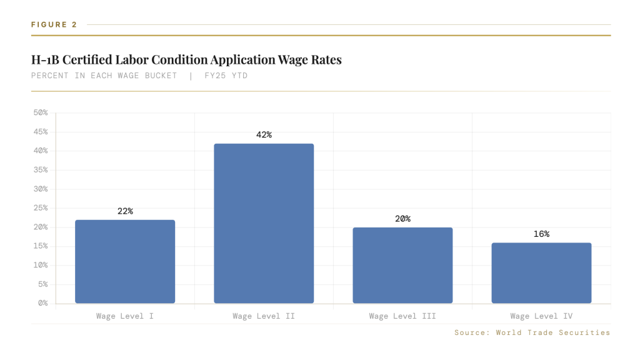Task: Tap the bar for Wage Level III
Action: tap(402, 265)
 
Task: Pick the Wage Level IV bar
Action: tap(541, 272)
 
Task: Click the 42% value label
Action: tap(264, 135)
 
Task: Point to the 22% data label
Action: tap(125, 211)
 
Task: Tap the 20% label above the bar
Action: tap(402, 219)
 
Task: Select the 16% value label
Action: tap(541, 234)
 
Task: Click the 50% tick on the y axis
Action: tap(40, 112)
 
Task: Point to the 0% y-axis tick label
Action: tap(42, 303)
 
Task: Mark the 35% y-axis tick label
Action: tap(40, 170)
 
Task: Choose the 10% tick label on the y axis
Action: tap(40, 265)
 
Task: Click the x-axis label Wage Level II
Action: tap(264, 316)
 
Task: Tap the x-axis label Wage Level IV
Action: tap(541, 316)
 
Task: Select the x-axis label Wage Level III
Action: tap(402, 316)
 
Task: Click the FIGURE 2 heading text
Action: tap(54, 24)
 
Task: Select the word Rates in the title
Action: tap(325, 60)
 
